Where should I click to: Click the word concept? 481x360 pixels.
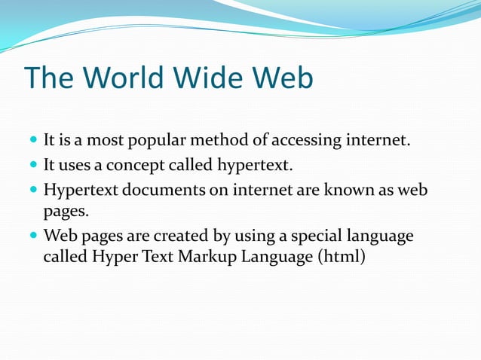point(130,165)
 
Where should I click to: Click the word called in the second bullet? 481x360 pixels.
point(188,165)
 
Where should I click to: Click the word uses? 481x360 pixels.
point(73,165)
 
